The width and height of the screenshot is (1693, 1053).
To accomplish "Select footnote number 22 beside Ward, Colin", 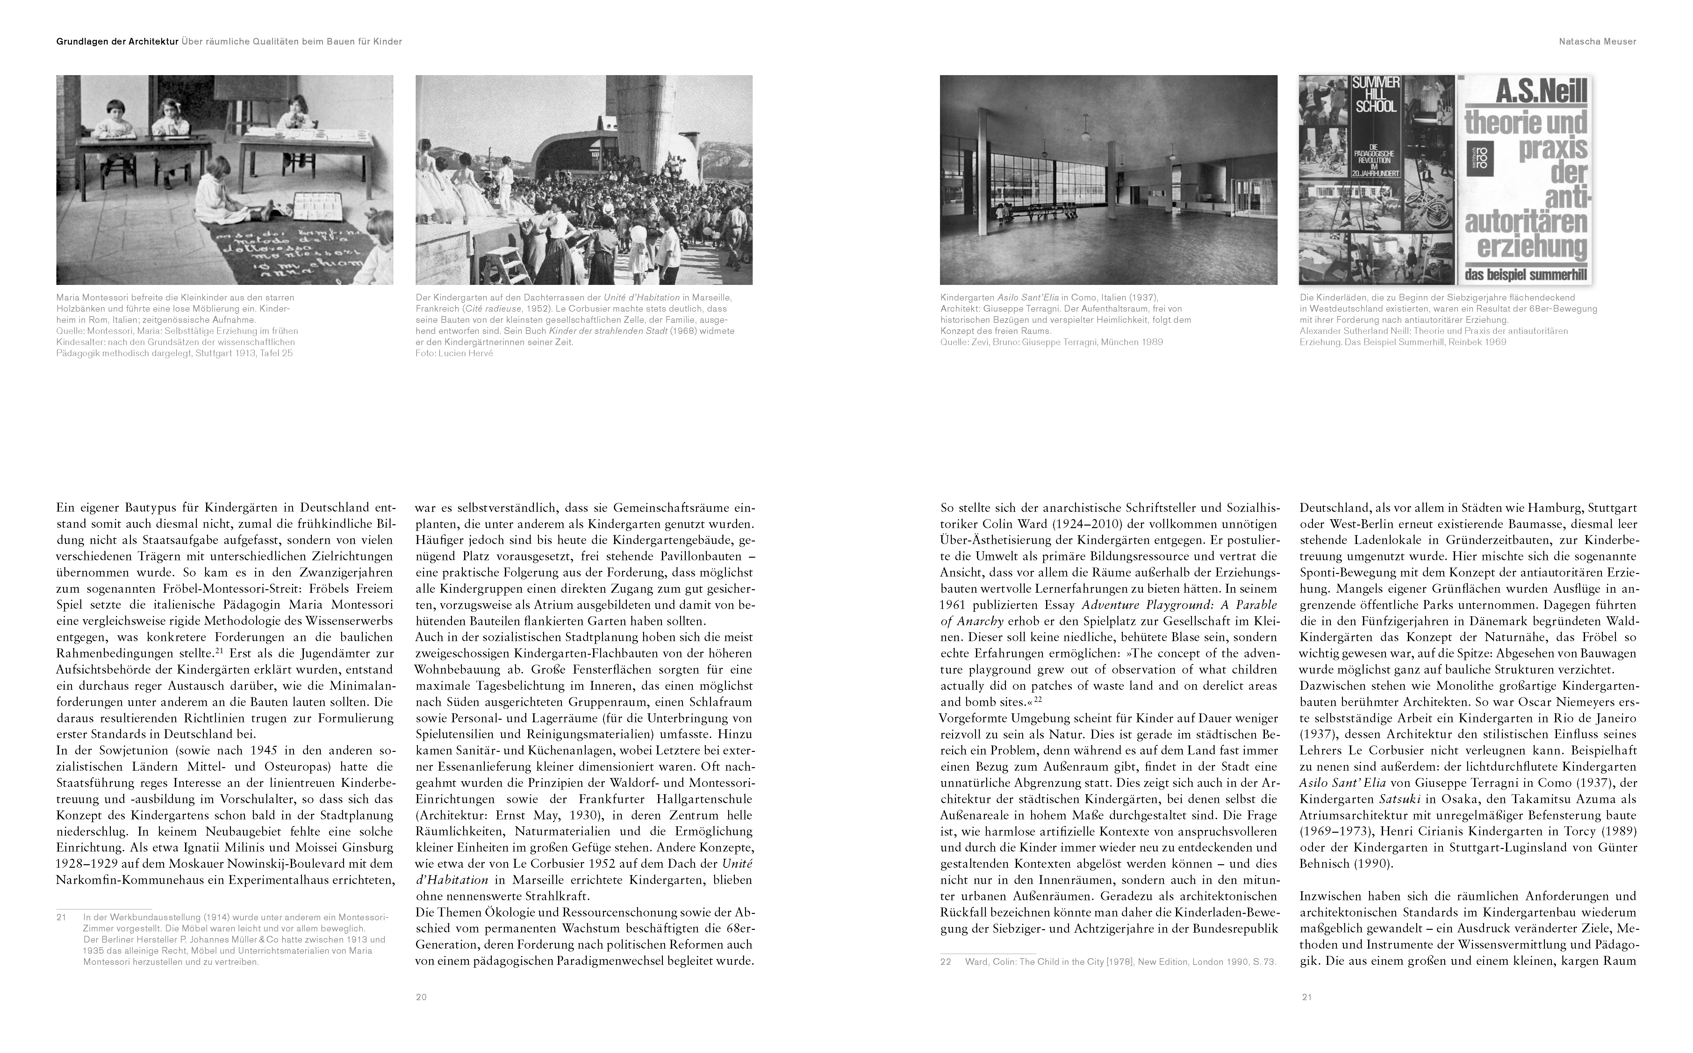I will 945,962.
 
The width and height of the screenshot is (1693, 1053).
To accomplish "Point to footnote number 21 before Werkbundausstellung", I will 61,917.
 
